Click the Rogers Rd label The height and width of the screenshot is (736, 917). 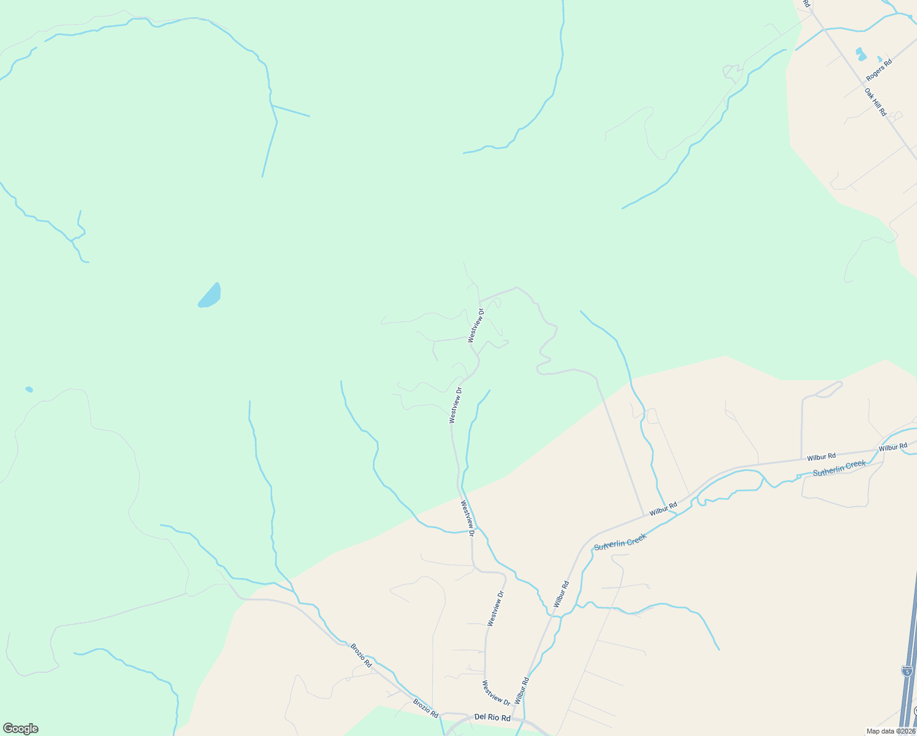click(879, 70)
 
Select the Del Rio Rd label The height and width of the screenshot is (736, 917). click(492, 718)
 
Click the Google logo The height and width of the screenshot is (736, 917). click(20, 729)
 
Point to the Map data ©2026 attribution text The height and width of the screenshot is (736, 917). click(891, 731)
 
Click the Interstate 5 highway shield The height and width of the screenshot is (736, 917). click(907, 671)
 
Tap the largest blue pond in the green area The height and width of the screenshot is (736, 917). click(210, 296)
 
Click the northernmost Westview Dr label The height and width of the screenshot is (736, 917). click(476, 326)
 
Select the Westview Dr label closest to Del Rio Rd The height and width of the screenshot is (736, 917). click(496, 692)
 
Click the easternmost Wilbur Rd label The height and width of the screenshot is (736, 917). click(892, 447)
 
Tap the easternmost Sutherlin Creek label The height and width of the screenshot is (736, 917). click(839, 469)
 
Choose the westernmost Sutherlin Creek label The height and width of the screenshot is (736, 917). click(620, 542)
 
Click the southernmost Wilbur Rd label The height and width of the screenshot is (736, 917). click(522, 691)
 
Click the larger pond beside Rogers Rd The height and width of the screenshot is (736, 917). click(860, 53)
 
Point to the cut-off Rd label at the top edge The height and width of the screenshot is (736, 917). click(807, 3)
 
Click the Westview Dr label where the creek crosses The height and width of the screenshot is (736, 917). click(468, 519)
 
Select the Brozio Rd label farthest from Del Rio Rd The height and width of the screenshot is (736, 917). click(361, 655)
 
